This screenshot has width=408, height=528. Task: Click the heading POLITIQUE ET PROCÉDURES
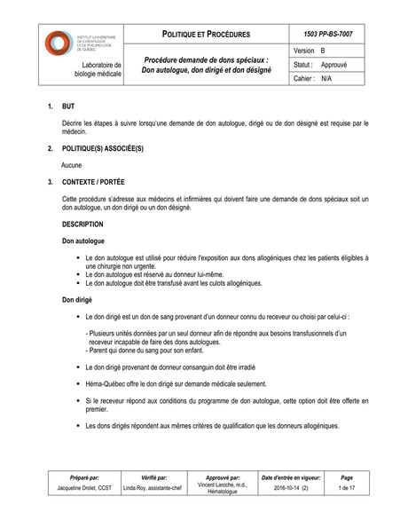[206, 34]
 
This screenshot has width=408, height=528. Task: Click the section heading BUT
[68, 107]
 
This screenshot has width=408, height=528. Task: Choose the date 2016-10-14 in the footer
[286, 488]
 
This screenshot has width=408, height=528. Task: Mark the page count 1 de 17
[346, 488]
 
